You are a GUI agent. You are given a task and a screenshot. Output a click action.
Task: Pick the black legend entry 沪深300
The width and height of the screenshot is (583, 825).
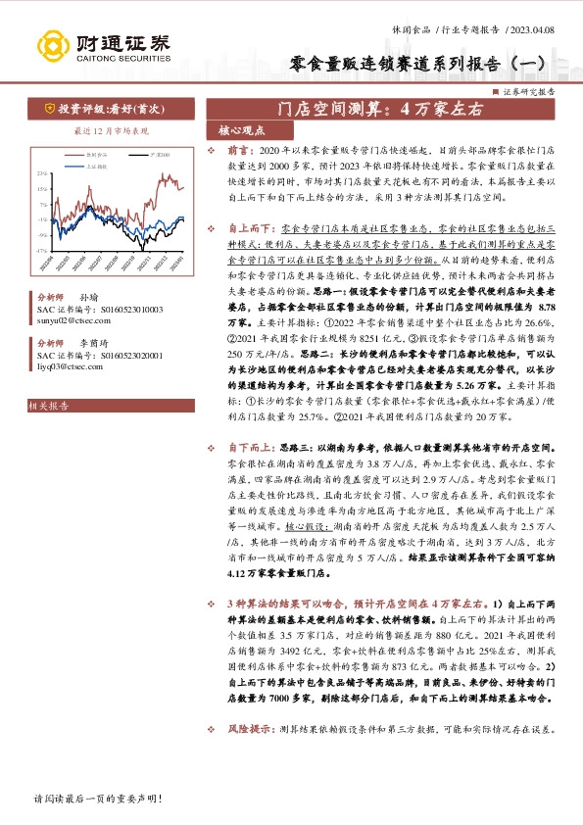(158, 154)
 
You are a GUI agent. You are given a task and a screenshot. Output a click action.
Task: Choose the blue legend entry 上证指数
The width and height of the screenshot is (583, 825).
(95, 167)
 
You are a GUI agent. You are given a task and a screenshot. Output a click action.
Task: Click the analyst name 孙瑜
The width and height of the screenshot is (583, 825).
(87, 297)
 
